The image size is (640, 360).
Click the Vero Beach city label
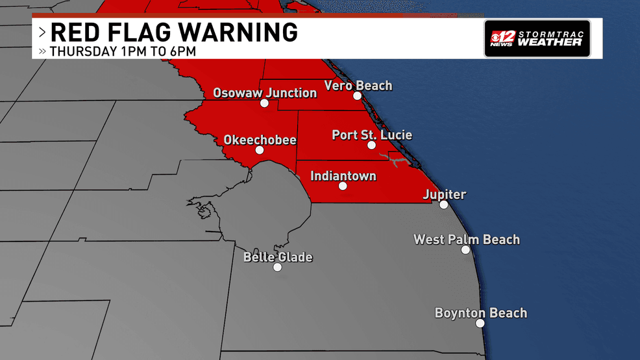[358, 86]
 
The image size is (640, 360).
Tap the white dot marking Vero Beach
[357, 96]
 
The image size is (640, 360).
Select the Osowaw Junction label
[265, 93]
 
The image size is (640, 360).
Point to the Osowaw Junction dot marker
[264, 103]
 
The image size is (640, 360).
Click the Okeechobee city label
[260, 139]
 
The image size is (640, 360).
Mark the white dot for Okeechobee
[260, 150]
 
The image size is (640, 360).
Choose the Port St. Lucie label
[372, 135]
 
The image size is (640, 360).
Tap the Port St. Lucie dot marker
[371, 145]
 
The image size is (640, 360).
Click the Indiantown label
[343, 176]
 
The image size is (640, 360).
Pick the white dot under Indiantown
[343, 186]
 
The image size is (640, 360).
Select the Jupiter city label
[444, 194]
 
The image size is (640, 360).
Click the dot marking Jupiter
[443, 204]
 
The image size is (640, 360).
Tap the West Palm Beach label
[467, 239]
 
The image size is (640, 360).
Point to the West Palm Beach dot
[465, 250]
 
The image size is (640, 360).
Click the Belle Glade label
[278, 257]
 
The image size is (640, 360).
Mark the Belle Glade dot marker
[278, 267]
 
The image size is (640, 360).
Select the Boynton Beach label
[480, 313]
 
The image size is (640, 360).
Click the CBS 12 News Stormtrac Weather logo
[537, 39]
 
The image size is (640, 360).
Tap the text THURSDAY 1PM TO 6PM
[123, 51]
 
